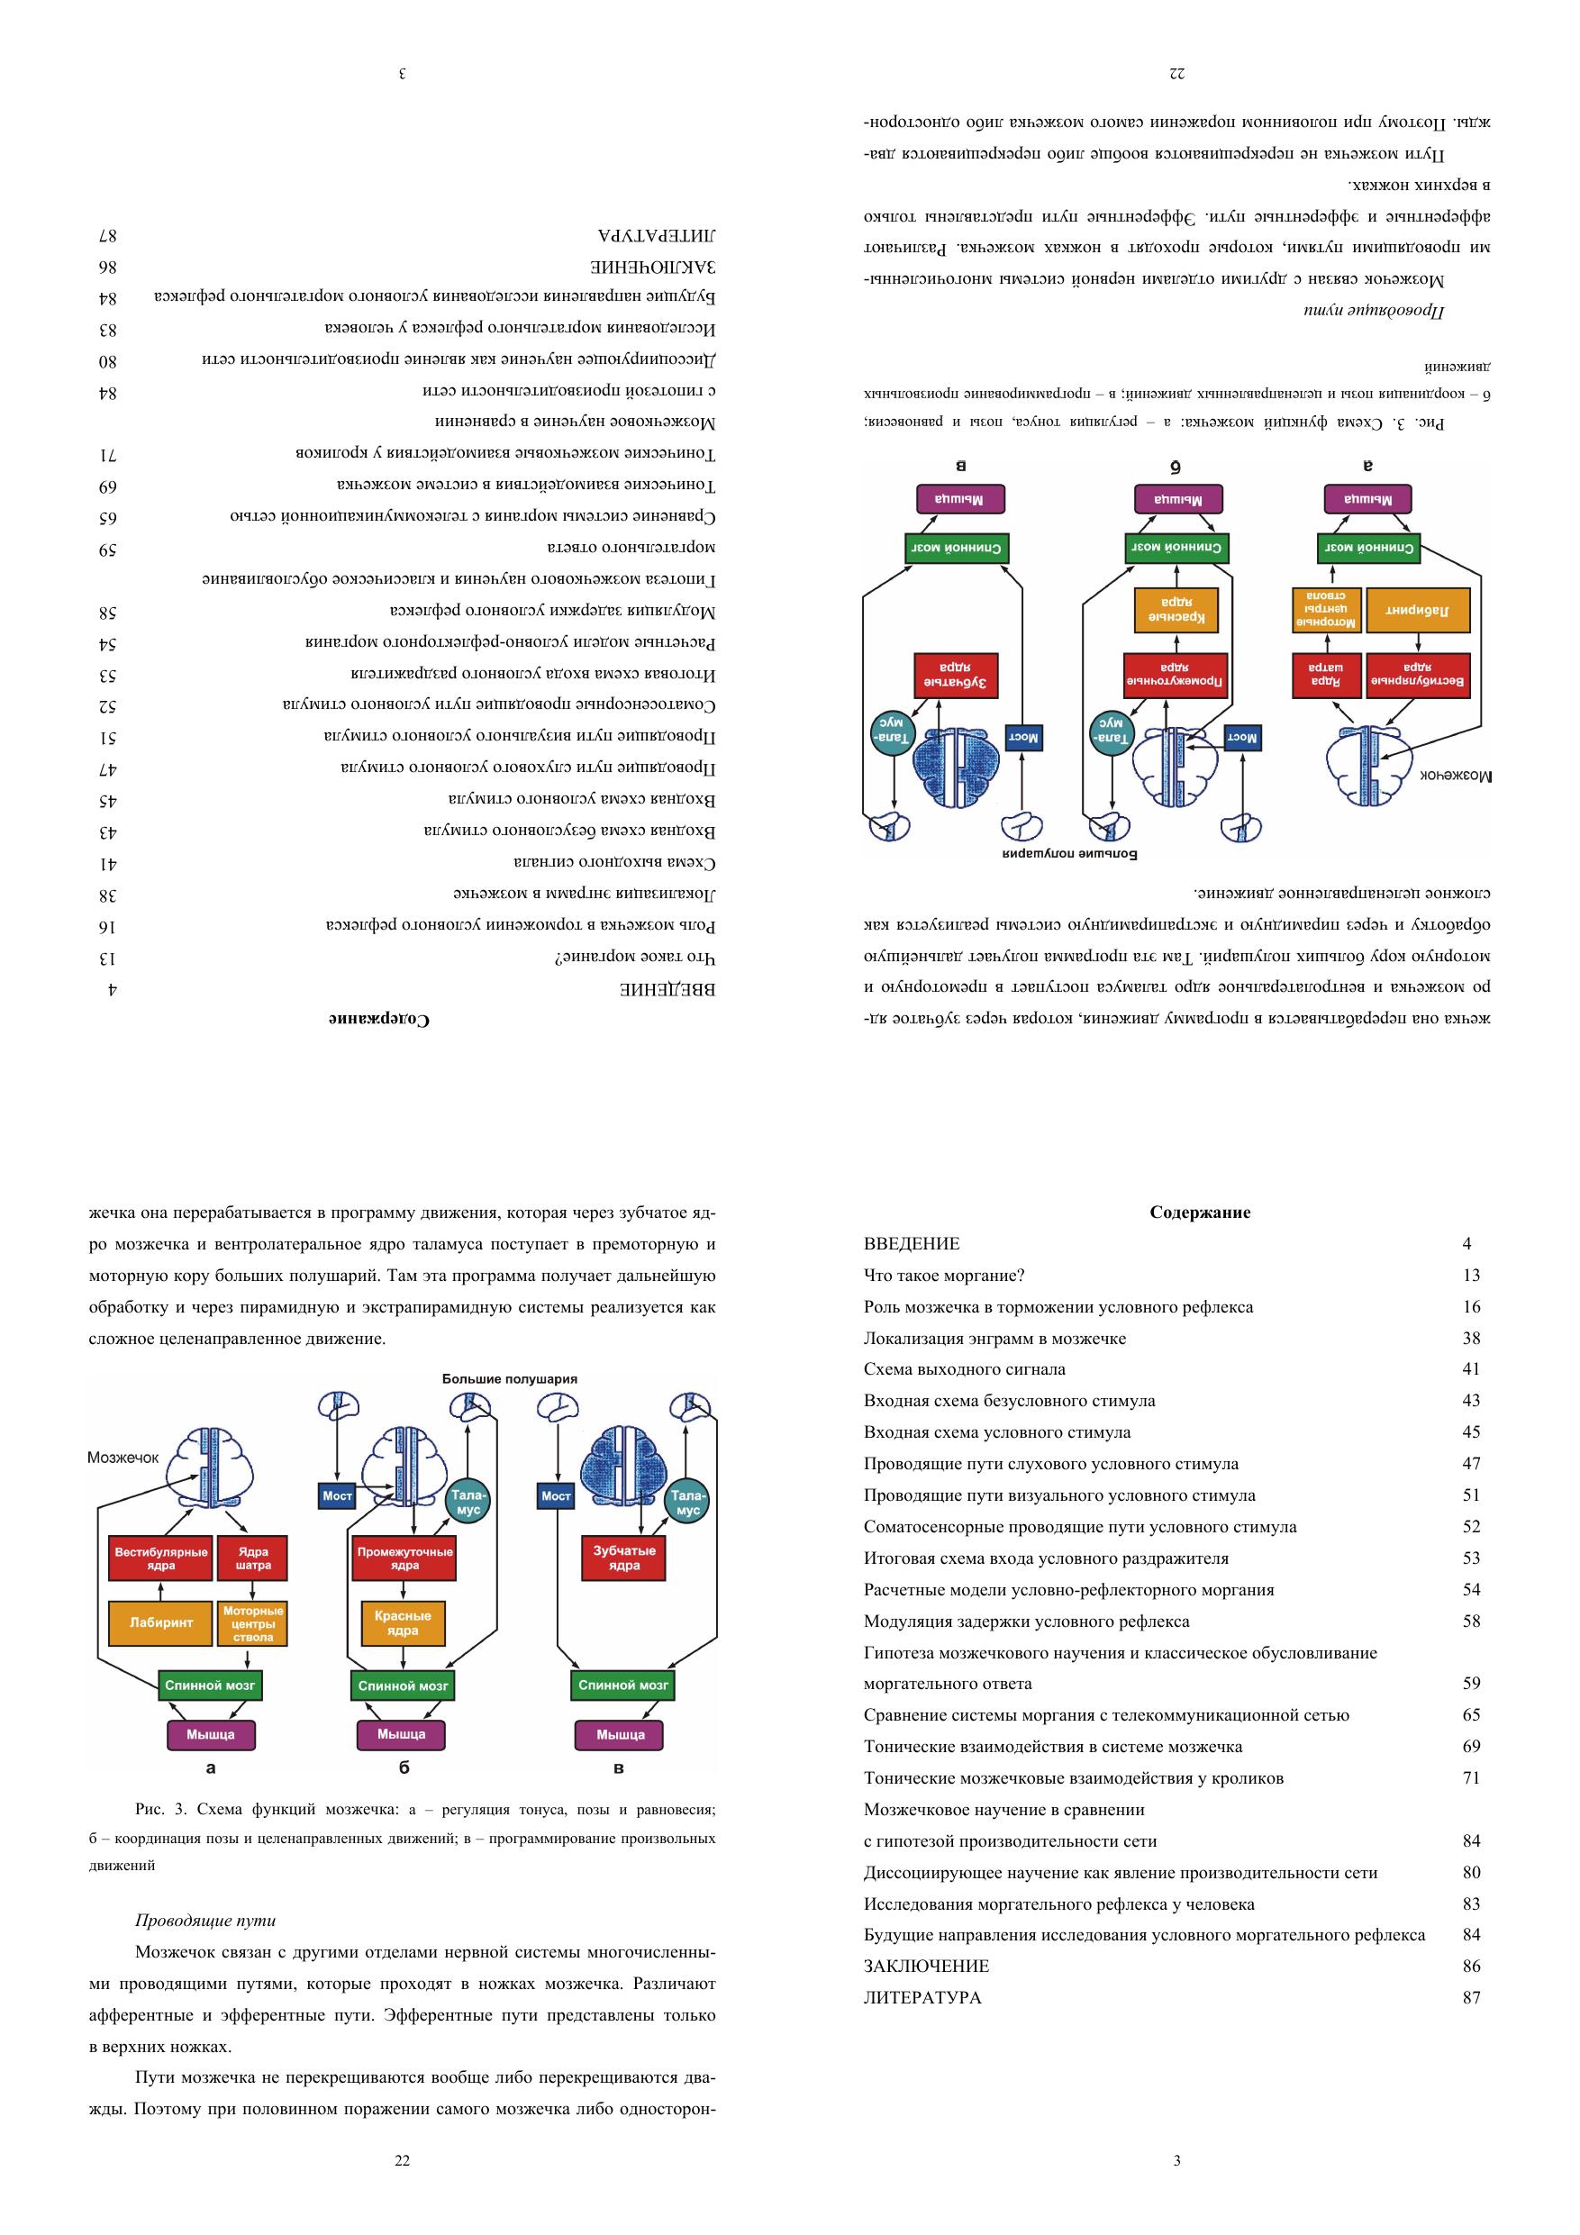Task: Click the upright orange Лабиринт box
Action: click(x=160, y=1622)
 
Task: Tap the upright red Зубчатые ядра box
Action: click(x=624, y=1558)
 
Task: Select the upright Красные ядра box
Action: click(x=403, y=1622)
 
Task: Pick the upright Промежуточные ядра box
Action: click(x=404, y=1558)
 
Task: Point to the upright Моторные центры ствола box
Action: click(x=253, y=1622)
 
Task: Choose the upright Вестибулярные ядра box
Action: click(x=160, y=1558)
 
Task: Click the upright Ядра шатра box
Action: click(x=253, y=1558)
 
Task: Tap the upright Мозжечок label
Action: click(x=123, y=1458)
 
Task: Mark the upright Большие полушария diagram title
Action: click(x=509, y=1378)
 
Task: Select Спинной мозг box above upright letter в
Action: click(x=623, y=1685)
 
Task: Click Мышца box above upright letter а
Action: click(x=210, y=1734)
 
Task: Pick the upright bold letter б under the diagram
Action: click(x=404, y=1767)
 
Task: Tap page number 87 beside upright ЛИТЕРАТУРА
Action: click(x=1471, y=1997)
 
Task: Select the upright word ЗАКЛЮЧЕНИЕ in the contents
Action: click(x=926, y=1967)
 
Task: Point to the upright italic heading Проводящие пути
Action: click(x=205, y=1921)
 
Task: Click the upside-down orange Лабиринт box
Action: click(x=1419, y=612)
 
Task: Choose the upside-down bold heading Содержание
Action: click(x=379, y=1019)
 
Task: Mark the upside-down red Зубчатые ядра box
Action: click(x=955, y=677)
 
